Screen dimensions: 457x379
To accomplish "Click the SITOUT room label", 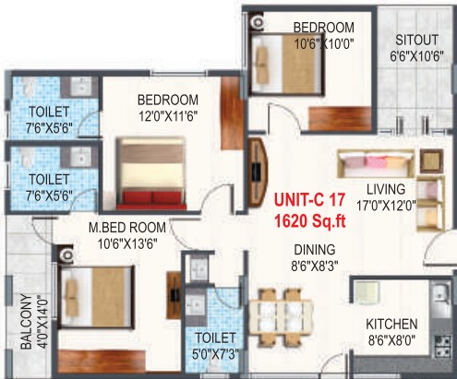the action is click(417, 41).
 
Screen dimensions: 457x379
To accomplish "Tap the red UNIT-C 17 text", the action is click(309, 200).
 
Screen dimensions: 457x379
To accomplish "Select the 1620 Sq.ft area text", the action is click(309, 220).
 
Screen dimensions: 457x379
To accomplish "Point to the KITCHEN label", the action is click(391, 325).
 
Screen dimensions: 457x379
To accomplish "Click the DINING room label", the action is click(315, 250).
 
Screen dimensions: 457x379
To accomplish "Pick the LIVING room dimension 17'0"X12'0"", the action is click(386, 205).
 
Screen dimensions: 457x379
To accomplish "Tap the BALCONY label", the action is click(27, 322).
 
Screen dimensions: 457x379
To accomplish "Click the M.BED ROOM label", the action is click(127, 228).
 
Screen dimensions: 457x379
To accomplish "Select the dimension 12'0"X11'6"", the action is click(168, 116).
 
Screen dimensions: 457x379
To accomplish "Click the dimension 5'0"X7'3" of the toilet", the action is click(216, 354).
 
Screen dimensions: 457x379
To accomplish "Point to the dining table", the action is click(281, 316).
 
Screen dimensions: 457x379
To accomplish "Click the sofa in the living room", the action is click(376, 163).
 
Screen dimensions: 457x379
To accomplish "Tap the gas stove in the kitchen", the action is click(443, 346).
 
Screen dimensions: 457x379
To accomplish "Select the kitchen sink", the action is click(441, 293).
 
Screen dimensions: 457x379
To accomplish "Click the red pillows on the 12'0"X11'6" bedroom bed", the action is click(151, 197).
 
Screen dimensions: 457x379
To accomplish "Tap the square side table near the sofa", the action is click(432, 160).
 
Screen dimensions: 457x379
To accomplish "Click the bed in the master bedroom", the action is click(97, 297).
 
